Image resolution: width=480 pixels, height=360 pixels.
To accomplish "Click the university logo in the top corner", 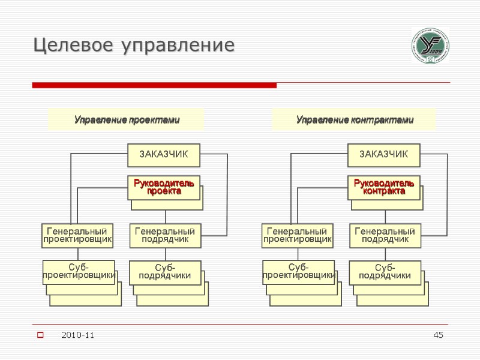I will coord(430,46).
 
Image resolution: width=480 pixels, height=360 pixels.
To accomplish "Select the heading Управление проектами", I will coord(127,120).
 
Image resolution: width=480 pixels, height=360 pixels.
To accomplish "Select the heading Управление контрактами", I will coord(355,120).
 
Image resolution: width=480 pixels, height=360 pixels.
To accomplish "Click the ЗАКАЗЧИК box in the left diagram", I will coord(164,155).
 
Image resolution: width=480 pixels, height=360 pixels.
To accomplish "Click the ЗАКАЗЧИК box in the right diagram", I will coord(384,155).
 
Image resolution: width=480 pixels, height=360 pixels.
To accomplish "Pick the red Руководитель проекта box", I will coord(164,187).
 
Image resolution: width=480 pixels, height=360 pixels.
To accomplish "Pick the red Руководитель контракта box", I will coord(384,187).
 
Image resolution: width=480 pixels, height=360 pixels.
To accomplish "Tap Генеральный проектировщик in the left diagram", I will coord(78,235).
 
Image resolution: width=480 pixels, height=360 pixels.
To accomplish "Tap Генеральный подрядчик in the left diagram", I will coord(165,235).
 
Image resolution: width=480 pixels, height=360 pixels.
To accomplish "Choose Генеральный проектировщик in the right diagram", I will coord(298,235).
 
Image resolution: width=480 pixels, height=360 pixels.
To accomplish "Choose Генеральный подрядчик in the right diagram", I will coord(385,235).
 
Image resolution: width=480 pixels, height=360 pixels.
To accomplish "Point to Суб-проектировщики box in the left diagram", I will coord(79,271).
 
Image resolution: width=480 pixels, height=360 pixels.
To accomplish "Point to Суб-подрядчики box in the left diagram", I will coord(165,272).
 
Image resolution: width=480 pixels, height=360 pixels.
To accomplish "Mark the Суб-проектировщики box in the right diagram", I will coord(298,271).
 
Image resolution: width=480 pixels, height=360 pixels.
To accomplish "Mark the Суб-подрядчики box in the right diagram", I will coord(385,272).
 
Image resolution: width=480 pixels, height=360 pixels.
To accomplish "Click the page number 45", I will coord(438,334).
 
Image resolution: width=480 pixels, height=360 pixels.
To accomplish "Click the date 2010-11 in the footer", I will coord(77,334).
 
